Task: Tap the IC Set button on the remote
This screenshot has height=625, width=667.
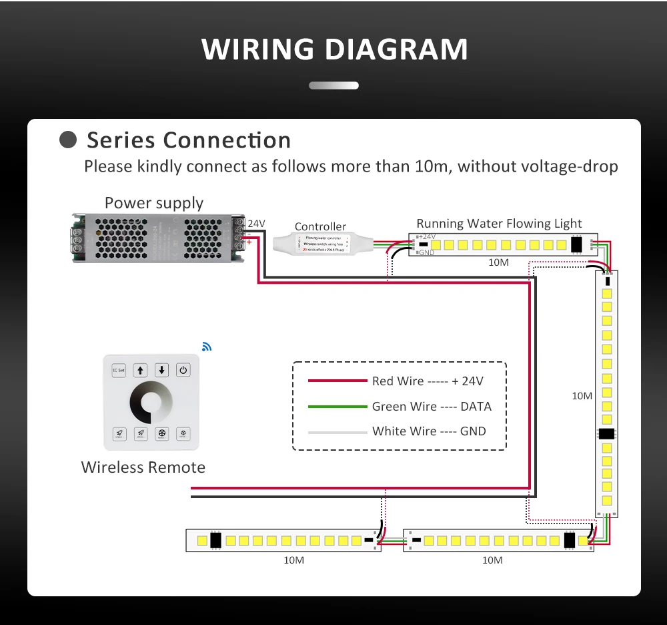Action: [119, 370]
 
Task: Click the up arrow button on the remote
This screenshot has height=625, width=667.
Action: [140, 370]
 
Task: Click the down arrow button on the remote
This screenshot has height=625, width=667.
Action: [162, 370]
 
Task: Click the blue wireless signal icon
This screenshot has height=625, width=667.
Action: [206, 347]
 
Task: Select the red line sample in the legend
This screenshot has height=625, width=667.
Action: [338, 381]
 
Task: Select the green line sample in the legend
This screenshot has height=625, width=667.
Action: [338, 407]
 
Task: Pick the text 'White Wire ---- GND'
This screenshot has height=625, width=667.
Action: [429, 431]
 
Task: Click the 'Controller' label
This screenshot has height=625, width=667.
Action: [320, 227]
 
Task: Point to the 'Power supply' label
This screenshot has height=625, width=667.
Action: [154, 203]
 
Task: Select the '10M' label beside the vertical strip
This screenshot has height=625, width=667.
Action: [582, 396]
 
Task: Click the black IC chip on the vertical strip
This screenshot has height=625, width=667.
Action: [606, 434]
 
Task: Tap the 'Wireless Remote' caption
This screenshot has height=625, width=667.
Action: [143, 467]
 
